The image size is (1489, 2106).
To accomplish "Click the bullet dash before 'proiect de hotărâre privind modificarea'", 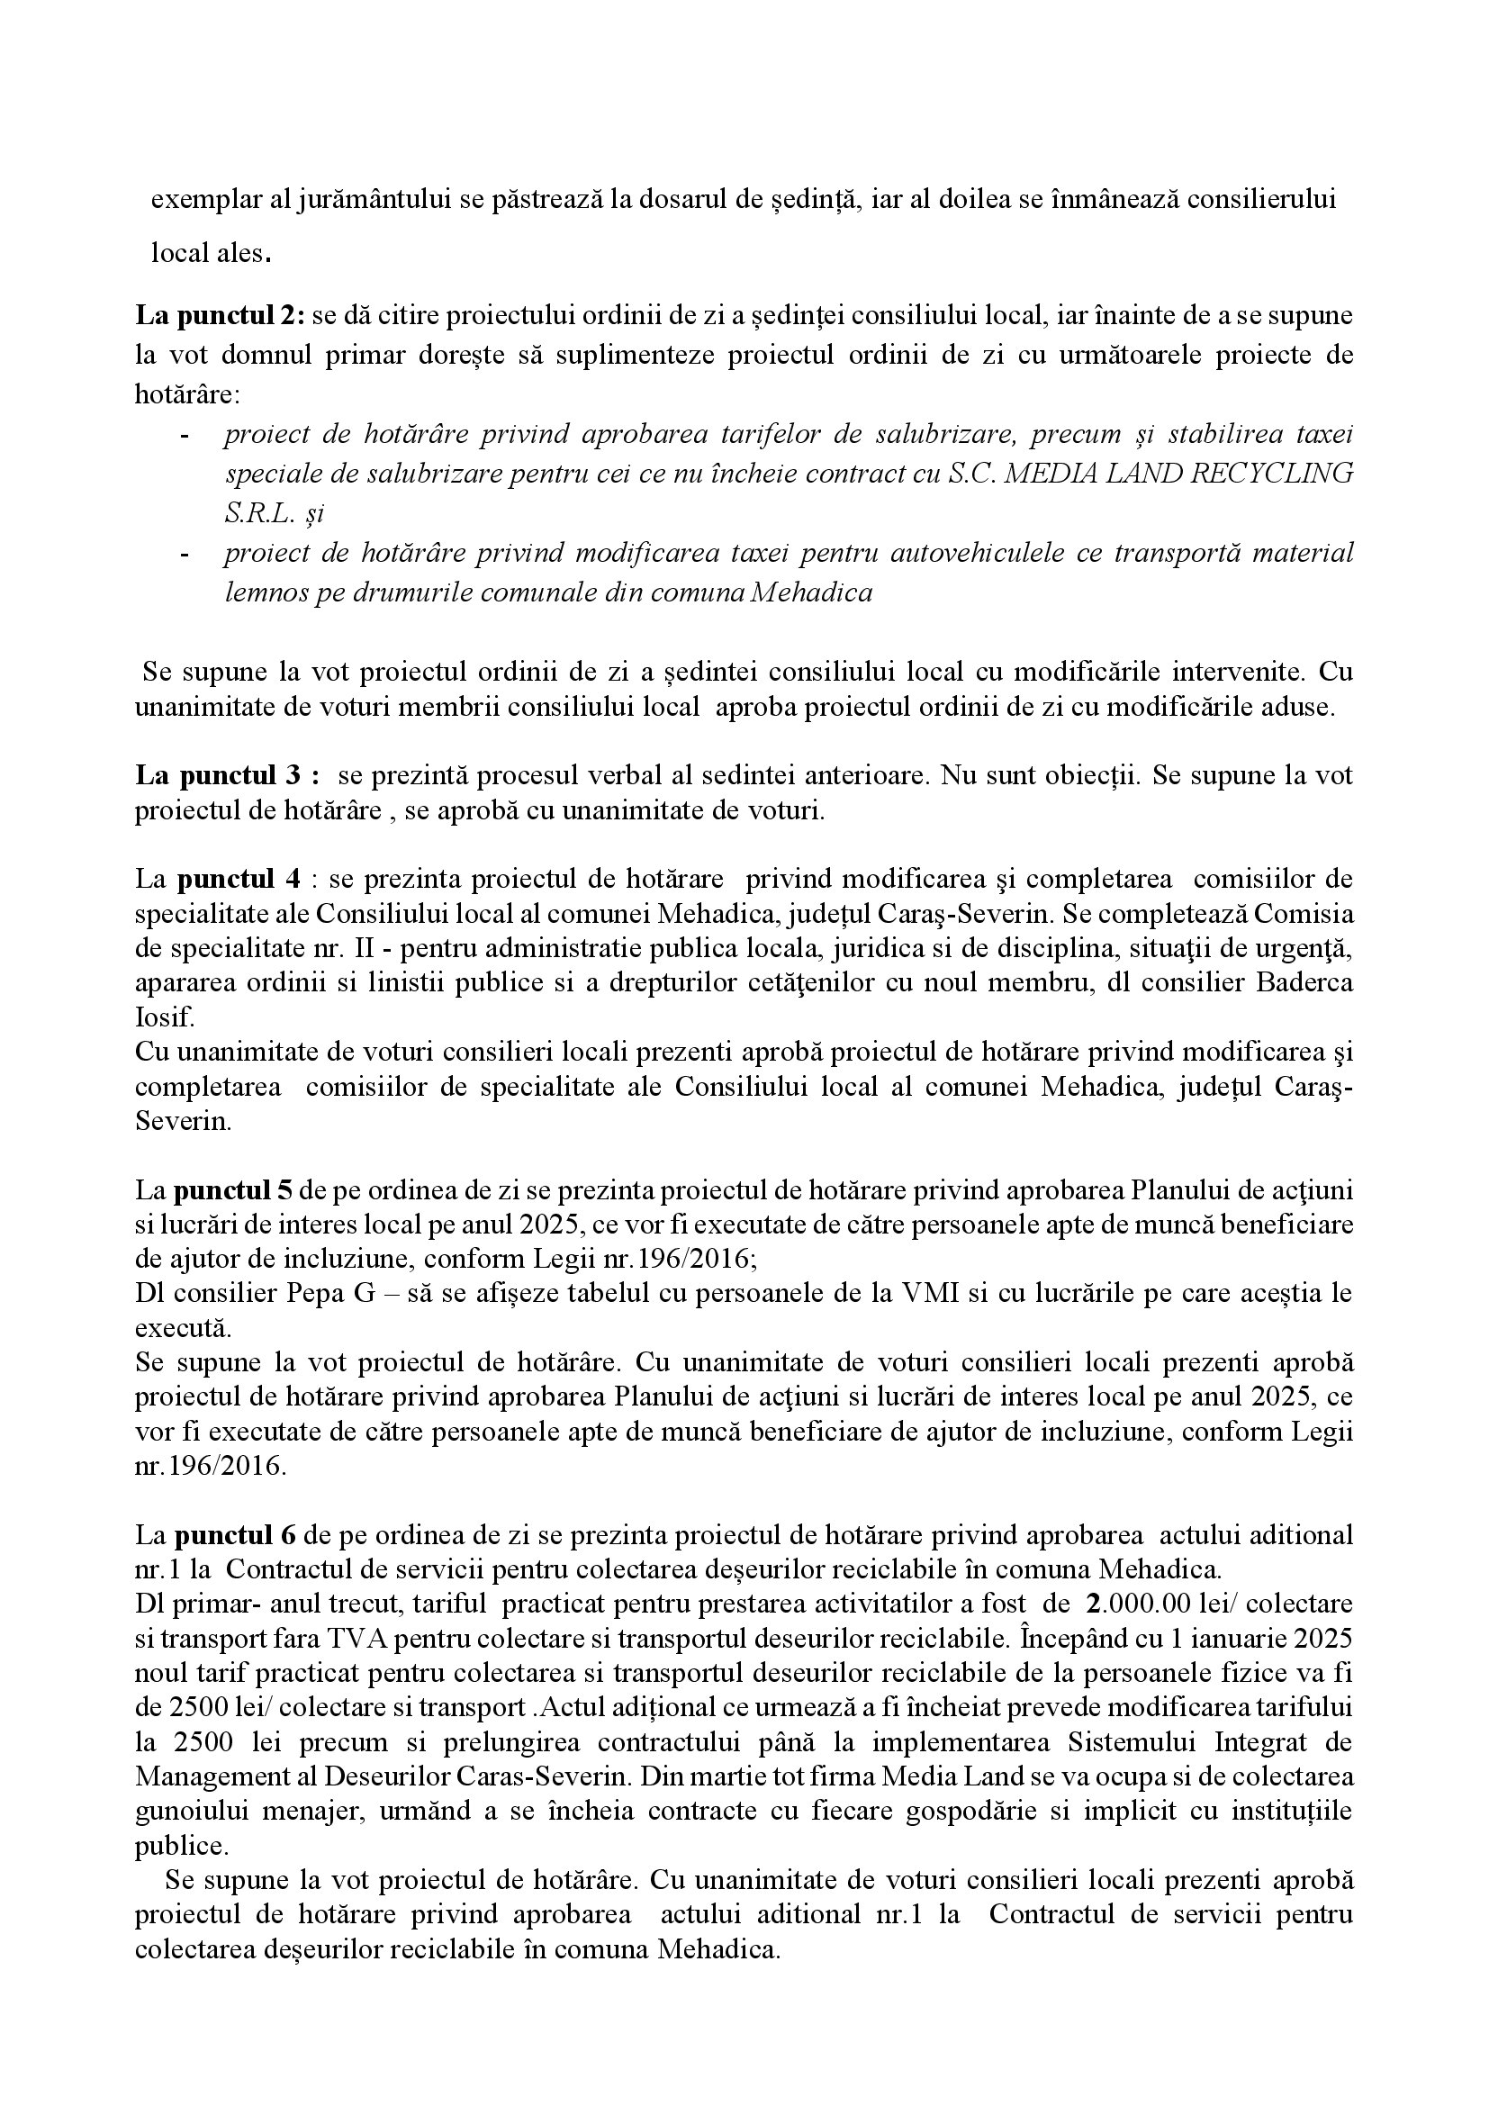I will pyautogui.click(x=185, y=554).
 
